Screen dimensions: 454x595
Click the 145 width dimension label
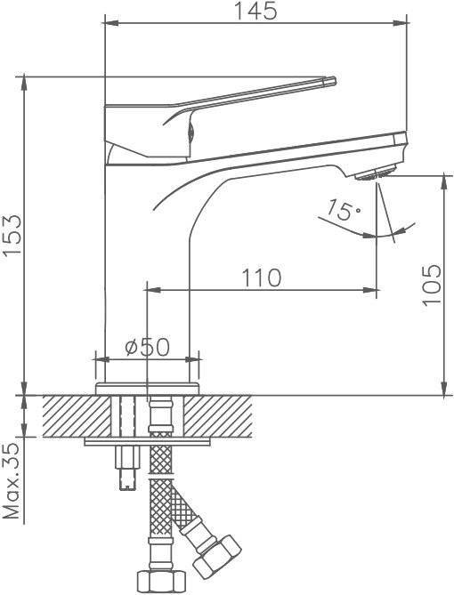coord(255,12)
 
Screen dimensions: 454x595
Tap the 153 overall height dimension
coord(13,237)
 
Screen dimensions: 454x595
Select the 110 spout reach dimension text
coord(262,277)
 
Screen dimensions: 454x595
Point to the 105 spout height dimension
coord(432,285)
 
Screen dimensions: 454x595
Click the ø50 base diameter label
coord(148,347)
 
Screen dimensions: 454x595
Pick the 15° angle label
coord(344,210)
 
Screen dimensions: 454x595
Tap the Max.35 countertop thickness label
coord(12,480)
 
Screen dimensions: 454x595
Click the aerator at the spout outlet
coord(374,175)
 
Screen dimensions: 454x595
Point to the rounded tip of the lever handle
coord(331,81)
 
